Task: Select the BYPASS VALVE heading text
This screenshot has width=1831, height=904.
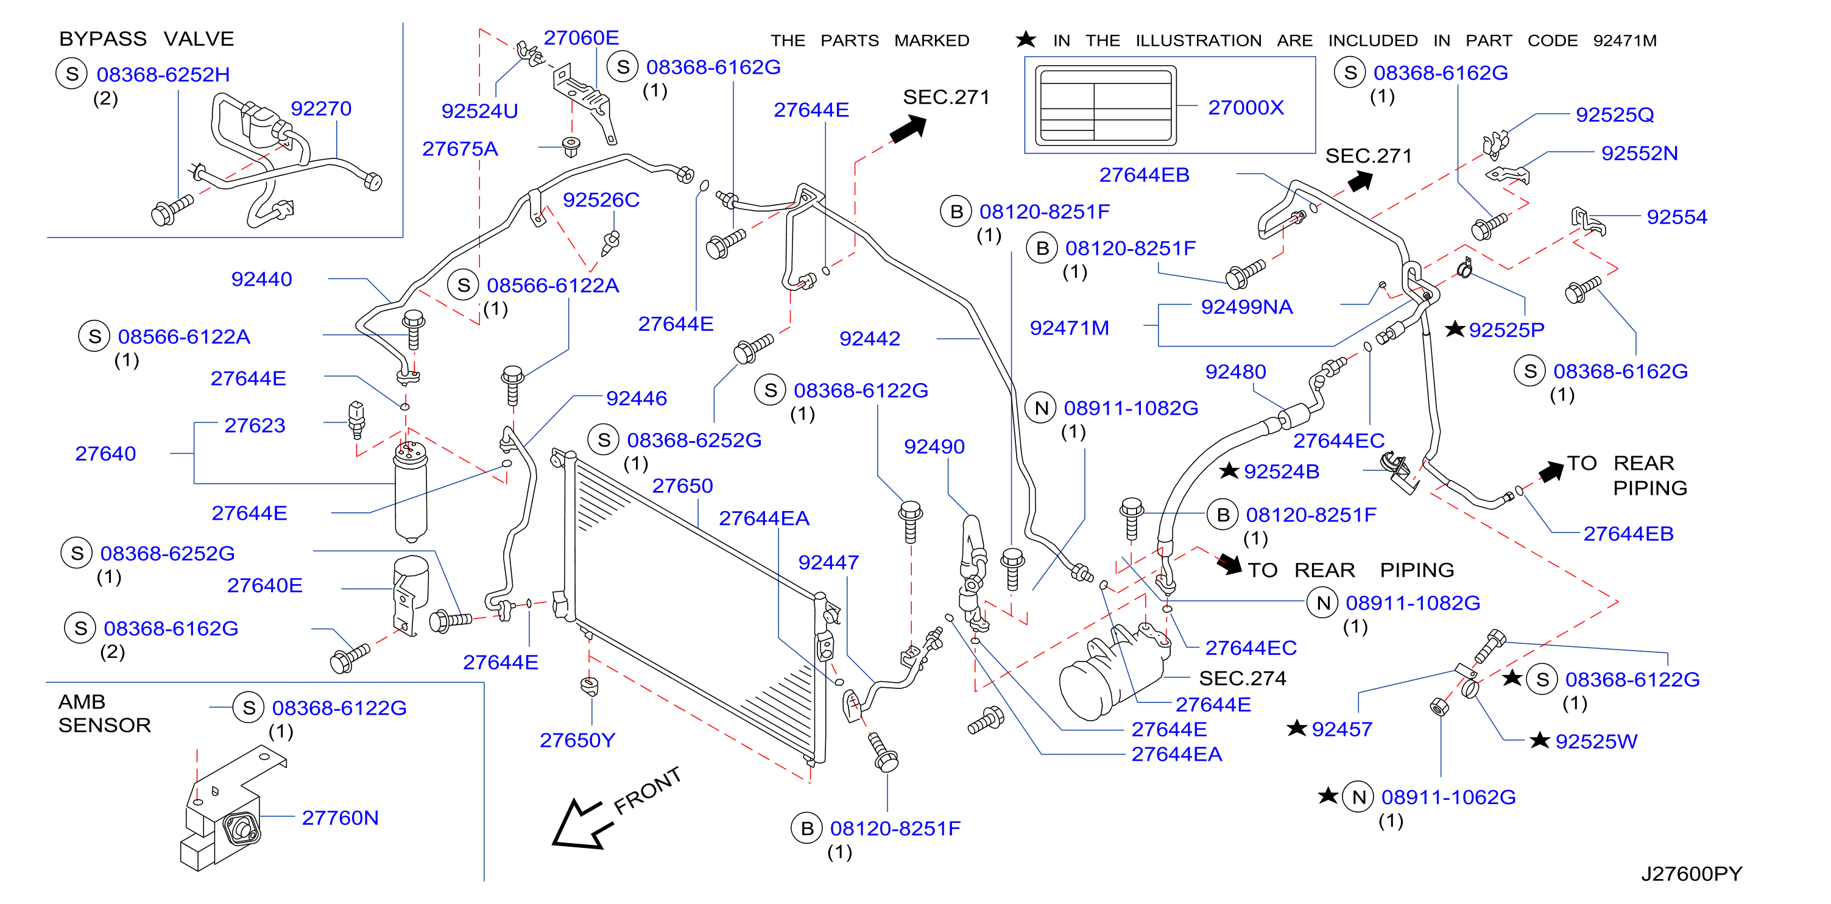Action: click(x=146, y=38)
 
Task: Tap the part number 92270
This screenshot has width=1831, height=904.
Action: click(x=320, y=108)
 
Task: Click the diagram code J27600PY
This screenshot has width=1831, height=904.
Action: click(x=1691, y=874)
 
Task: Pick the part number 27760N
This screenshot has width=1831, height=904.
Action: click(x=340, y=818)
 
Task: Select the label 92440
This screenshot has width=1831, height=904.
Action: click(x=261, y=279)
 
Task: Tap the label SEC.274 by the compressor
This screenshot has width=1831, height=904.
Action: click(x=1242, y=679)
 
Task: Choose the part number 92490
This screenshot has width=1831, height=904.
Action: click(x=934, y=447)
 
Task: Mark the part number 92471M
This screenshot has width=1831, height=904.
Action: click(x=1069, y=328)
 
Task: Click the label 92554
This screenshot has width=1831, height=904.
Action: click(x=1676, y=217)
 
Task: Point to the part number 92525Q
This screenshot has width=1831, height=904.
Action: click(x=1614, y=115)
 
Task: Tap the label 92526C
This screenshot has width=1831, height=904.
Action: click(x=601, y=200)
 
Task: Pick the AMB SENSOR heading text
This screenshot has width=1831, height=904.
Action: click(x=105, y=713)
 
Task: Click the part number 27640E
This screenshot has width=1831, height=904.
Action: click(x=264, y=585)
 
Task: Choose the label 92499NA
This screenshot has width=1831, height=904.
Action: click(x=1246, y=307)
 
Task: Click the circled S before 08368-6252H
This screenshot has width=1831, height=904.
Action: click(x=72, y=74)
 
